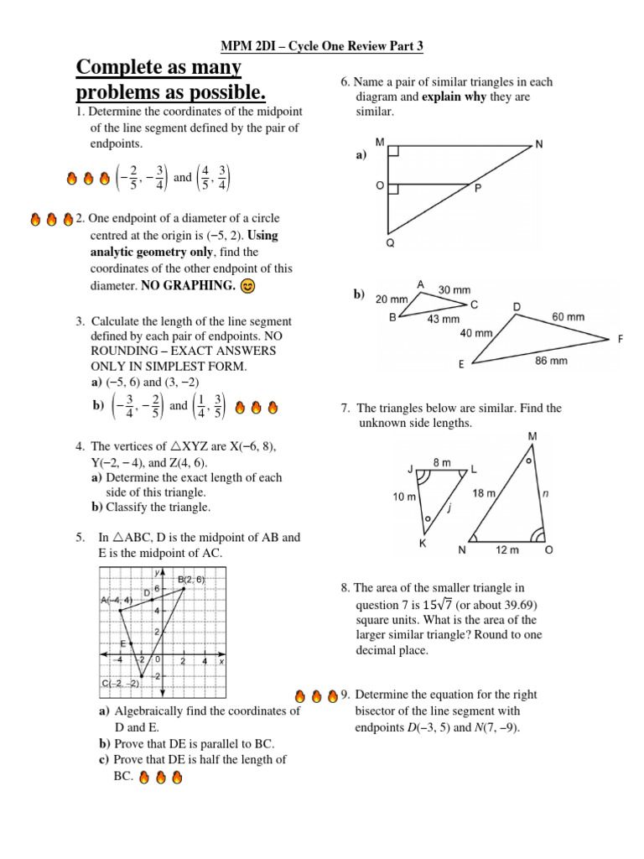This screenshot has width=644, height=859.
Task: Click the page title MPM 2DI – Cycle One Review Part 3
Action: [x=321, y=49]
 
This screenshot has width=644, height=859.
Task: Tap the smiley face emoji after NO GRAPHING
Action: [x=247, y=285]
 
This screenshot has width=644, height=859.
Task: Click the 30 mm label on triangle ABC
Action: [x=455, y=289]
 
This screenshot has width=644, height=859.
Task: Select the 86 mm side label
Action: [x=551, y=362]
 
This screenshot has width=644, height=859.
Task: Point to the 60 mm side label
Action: [x=568, y=317]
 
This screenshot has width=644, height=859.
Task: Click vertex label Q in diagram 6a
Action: [x=390, y=242]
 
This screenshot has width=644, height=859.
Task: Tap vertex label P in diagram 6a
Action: [x=478, y=189]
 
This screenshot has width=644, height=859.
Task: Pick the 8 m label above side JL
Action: [x=441, y=462]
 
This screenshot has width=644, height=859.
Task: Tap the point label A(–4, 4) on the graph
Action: [x=116, y=600]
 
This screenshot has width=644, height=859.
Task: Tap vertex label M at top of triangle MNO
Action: [x=533, y=435]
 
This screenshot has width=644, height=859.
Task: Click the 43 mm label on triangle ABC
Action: [x=444, y=319]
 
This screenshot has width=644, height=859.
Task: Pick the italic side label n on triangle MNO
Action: [x=546, y=494]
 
